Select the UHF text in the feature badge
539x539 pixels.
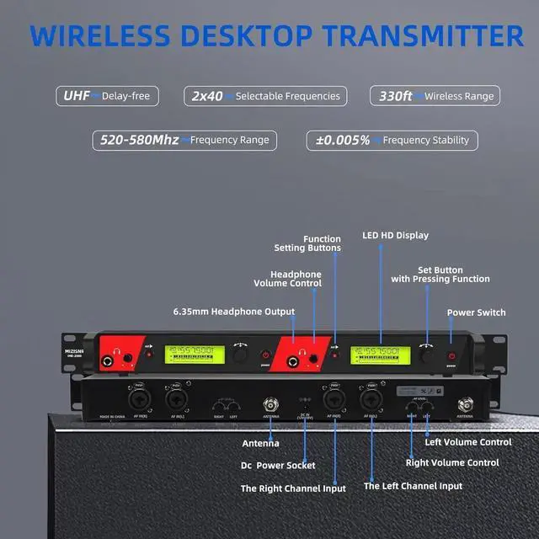point(76,96)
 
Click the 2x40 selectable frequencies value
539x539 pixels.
point(206,96)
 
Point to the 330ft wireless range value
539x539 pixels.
point(394,96)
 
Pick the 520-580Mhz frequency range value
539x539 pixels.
point(139,140)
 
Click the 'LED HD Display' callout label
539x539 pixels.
point(395,236)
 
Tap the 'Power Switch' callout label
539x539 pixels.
point(476,312)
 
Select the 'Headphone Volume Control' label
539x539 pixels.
point(296,279)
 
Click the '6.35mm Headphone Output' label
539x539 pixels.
point(233,312)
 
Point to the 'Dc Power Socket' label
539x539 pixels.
point(278,465)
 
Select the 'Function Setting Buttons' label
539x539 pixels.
point(307,243)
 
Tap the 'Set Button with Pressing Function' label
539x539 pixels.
point(440,274)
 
